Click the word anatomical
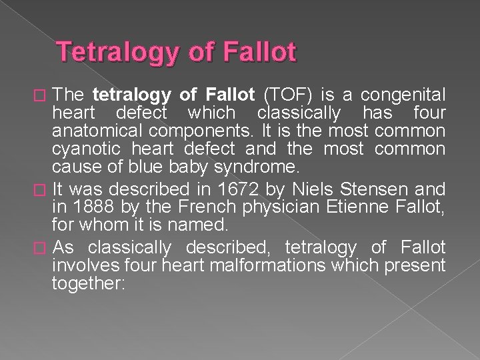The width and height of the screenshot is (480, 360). click(x=101, y=130)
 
